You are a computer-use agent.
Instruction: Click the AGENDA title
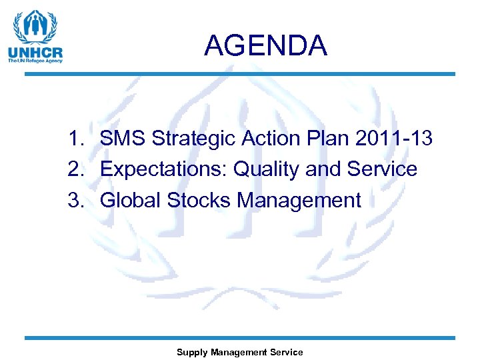pos(265,46)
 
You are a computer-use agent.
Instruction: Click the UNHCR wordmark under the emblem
pos(35,51)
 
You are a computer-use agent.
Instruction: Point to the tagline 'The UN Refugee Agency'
pos(35,61)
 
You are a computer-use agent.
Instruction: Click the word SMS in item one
pos(123,139)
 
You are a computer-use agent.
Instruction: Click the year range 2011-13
pos(394,139)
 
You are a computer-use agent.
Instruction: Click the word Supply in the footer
pos(191,352)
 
